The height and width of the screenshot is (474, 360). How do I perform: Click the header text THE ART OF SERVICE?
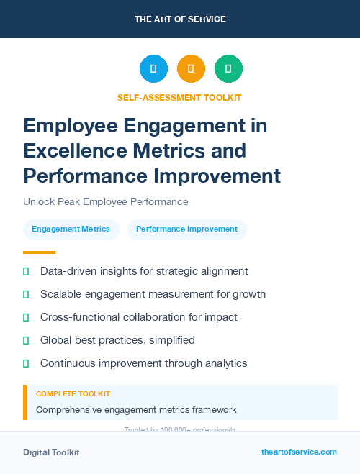180,19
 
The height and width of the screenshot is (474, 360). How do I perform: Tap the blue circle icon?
153,69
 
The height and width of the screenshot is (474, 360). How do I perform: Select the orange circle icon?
191,69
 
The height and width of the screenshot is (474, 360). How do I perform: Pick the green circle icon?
228,69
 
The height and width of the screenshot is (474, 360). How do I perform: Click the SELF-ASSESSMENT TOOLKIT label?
179,97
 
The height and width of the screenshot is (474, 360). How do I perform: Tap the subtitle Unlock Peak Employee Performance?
105,201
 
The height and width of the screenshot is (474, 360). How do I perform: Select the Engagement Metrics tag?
71,229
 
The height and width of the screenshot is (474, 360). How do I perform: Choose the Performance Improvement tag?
186,229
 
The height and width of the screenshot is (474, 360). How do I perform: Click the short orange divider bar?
39,252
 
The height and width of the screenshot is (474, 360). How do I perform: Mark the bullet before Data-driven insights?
26,271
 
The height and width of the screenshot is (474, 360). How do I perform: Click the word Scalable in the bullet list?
60,294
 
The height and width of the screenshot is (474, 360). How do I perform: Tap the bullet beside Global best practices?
26,340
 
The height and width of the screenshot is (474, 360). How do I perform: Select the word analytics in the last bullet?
223,363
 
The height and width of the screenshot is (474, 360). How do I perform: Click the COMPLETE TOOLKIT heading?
73,394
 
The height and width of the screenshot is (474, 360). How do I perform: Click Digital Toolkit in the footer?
51,452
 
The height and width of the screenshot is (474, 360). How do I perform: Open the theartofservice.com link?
299,452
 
